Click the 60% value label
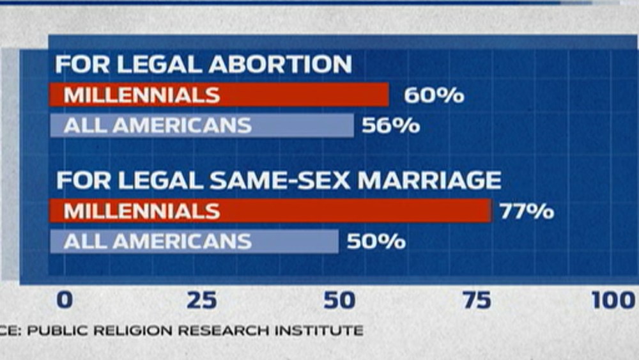tap(433, 96)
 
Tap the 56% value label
tap(390, 125)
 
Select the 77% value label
tap(526, 212)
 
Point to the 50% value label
tap(376, 242)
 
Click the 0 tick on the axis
tap(65, 300)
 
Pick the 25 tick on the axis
tap(202, 300)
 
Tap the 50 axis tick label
tap(339, 300)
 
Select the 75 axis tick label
tap(477, 300)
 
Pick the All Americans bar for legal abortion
tap(202, 125)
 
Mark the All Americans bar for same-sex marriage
tap(194, 242)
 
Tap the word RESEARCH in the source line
tap(230, 331)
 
